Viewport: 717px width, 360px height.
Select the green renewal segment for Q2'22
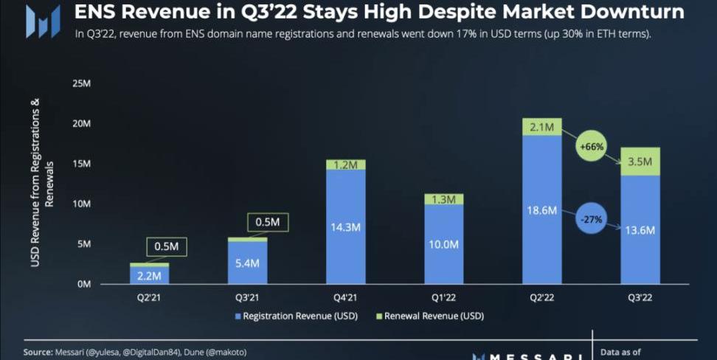point(542,126)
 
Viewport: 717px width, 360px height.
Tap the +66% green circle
point(591,147)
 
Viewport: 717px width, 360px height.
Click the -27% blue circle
point(592,218)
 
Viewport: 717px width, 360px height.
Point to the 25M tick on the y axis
point(81,83)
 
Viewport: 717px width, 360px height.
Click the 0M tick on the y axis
point(83,284)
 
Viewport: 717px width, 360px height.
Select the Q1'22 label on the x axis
point(443,297)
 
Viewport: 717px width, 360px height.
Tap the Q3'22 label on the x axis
point(640,297)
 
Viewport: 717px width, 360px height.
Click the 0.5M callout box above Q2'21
point(166,246)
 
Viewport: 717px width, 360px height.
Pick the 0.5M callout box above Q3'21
point(267,222)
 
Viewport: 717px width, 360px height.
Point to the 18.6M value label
point(542,210)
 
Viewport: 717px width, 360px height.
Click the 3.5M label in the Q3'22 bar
point(640,160)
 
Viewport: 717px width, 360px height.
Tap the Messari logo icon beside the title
point(43,21)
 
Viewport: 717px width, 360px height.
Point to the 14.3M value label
point(345,228)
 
